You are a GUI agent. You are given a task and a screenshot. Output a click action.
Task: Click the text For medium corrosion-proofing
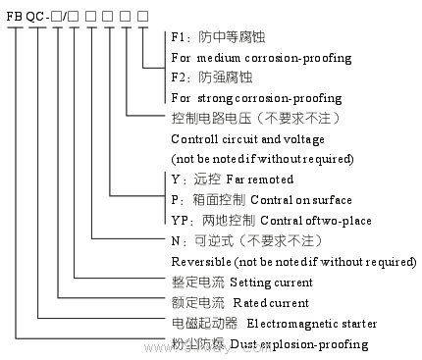(261, 58)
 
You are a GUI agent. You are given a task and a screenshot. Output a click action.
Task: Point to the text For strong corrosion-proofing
(256, 98)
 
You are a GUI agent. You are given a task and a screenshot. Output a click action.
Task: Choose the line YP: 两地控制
(212, 220)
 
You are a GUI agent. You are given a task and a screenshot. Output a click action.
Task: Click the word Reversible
(202, 262)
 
